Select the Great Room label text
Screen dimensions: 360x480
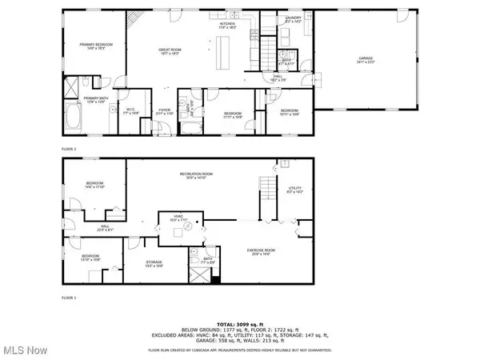coord(169,51)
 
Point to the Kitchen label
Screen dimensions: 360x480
coord(228,25)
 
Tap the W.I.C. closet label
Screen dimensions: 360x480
coord(130,111)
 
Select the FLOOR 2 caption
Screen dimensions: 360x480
coord(70,149)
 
